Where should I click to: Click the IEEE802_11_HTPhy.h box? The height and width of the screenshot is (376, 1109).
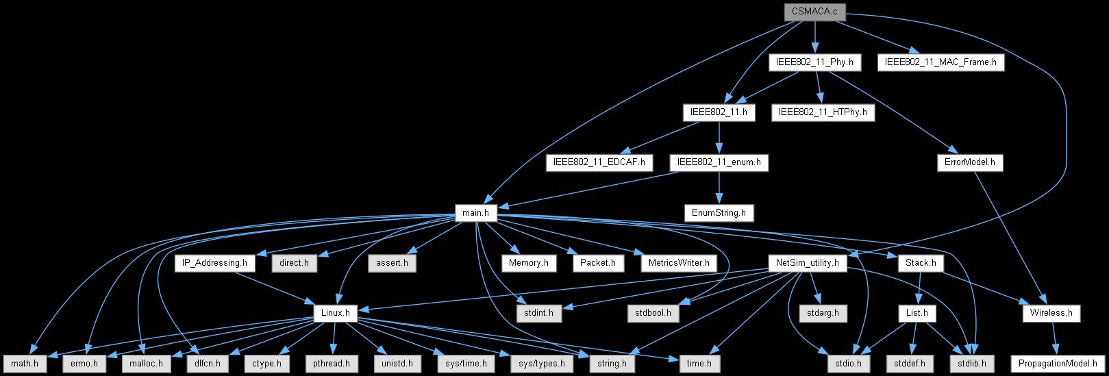tap(823, 112)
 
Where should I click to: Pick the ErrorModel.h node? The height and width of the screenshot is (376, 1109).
tap(969, 163)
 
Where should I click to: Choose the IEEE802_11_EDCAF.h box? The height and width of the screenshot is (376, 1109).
tap(599, 163)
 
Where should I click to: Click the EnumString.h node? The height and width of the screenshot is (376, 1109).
tap(719, 213)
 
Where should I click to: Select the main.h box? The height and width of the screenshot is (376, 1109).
tap(475, 213)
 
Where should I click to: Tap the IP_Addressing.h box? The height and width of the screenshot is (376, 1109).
tap(214, 263)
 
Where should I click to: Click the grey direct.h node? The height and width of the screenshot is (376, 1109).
tap(295, 263)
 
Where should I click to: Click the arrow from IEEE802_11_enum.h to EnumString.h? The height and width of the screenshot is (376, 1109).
tap(719, 188)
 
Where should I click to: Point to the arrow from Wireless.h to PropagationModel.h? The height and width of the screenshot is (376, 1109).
tap(1054, 338)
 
